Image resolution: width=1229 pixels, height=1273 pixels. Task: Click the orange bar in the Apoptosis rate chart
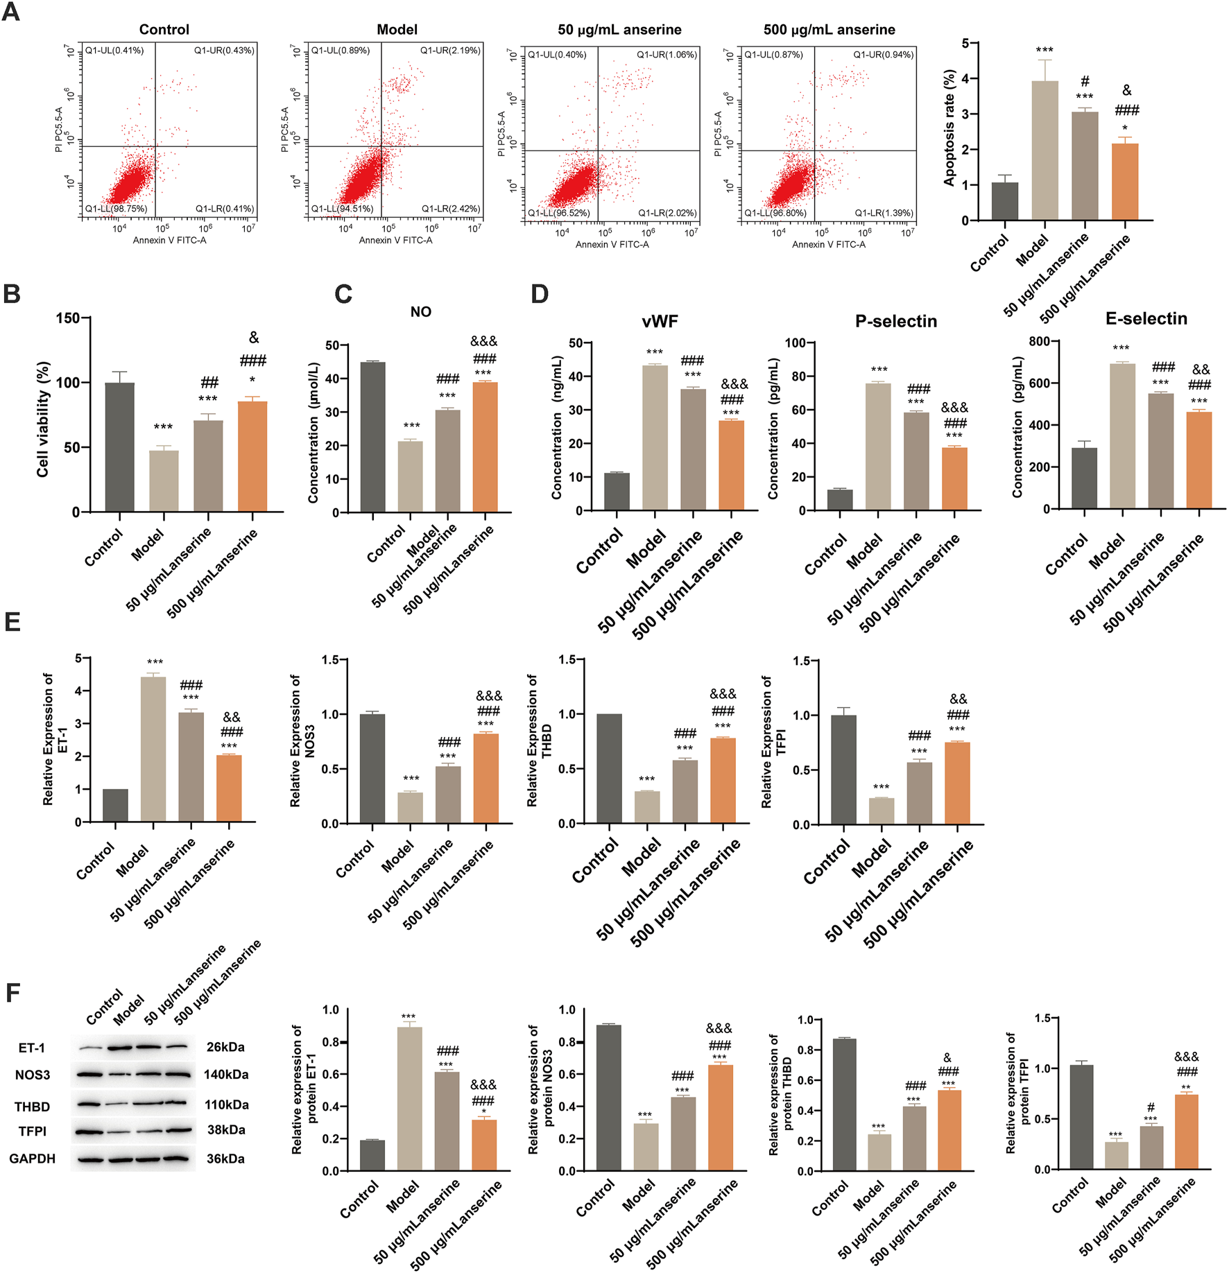pyautogui.click(x=1124, y=182)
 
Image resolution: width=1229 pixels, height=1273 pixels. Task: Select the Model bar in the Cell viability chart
pyautogui.click(x=164, y=480)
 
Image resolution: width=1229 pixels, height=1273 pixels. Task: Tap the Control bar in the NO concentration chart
pyautogui.click(x=373, y=437)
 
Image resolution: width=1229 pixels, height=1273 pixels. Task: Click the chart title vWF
pyautogui.click(x=660, y=321)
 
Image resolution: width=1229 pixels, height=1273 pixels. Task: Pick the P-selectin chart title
pyautogui.click(x=895, y=321)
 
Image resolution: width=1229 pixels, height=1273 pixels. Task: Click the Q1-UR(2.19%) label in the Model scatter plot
pyautogui.click(x=450, y=51)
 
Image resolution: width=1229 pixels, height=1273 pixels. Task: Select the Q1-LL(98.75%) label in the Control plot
pyautogui.click(x=116, y=208)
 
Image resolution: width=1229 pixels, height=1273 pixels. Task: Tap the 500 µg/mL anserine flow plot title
pyautogui.click(x=829, y=29)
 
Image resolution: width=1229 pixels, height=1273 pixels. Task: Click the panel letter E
pyautogui.click(x=12, y=621)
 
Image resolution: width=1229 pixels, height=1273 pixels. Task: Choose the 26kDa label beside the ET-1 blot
pyautogui.click(x=225, y=1047)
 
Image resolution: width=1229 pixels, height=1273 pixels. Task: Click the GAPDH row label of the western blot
pyautogui.click(x=32, y=1159)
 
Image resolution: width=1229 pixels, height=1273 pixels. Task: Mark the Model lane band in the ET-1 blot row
pyautogui.click(x=120, y=1047)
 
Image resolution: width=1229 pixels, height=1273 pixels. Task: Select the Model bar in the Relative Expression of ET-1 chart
pyautogui.click(x=153, y=749)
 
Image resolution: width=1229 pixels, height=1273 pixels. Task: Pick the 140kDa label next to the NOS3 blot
pyautogui.click(x=226, y=1075)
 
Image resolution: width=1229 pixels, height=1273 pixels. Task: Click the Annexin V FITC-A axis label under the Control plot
pyautogui.click(x=169, y=240)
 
